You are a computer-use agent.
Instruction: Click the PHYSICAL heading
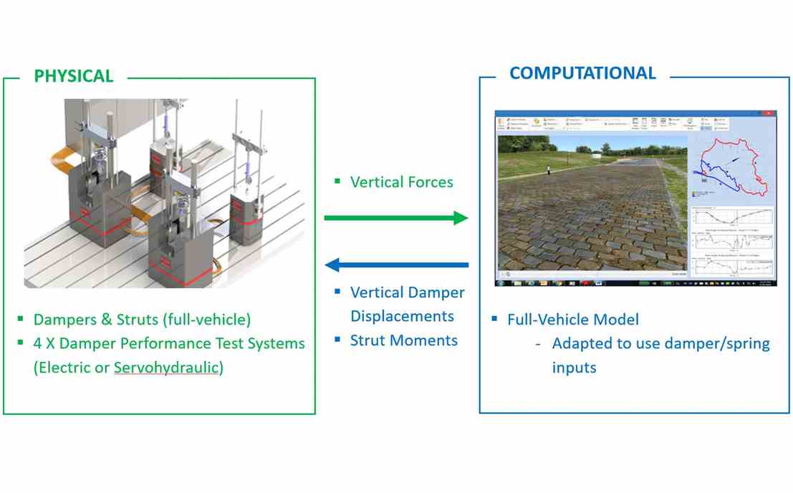74,76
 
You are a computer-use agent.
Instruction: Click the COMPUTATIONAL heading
582,73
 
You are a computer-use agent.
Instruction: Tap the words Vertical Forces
401,182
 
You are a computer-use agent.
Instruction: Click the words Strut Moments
403,340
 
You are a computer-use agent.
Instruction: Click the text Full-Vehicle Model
572,320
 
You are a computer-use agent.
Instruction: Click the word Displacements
402,316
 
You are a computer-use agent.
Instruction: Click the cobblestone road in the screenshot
587,222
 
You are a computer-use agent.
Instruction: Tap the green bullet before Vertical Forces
337,181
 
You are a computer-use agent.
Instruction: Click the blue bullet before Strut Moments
337,339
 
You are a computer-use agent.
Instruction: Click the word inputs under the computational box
574,368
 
